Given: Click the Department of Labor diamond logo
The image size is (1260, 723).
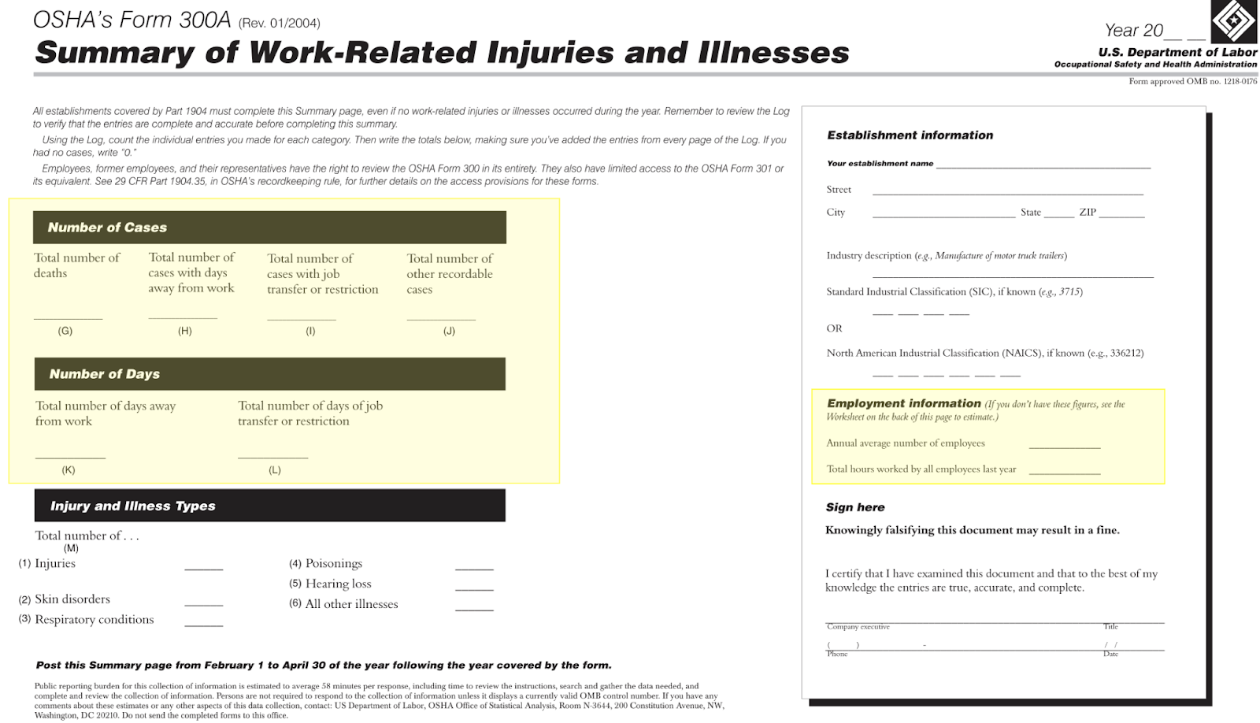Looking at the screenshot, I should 1233,20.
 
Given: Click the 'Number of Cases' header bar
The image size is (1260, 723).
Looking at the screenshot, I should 269,228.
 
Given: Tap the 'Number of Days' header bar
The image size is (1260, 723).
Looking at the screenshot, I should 269,374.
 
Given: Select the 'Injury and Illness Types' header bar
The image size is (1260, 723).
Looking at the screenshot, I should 269,506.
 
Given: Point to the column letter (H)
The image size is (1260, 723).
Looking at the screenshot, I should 185,331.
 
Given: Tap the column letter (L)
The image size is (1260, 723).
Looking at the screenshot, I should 274,470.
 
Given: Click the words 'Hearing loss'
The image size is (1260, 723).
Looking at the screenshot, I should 338,584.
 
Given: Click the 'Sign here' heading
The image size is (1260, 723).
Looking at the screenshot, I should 855,507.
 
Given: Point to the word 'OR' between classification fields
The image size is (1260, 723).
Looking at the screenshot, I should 834,328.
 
